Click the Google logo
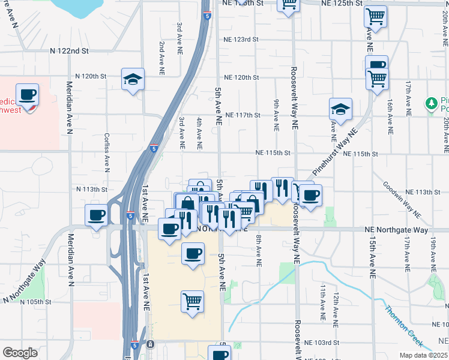[20, 352]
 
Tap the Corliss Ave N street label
[107, 152]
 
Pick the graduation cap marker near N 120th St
[133, 79]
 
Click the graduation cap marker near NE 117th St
[340, 109]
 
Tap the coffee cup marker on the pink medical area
[28, 95]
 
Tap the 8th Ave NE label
[259, 247]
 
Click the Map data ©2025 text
[423, 355]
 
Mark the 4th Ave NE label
[199, 133]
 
